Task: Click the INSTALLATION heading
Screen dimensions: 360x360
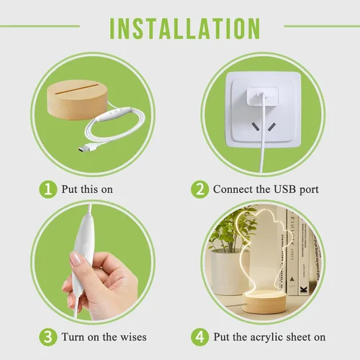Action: tap(185, 28)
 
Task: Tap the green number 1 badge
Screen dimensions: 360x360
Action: tap(48, 189)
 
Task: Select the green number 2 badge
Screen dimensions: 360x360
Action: tap(199, 189)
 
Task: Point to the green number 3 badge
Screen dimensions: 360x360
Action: tap(48, 337)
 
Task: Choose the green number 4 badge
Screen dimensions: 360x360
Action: tap(199, 337)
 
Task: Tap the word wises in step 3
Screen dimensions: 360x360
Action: tap(133, 337)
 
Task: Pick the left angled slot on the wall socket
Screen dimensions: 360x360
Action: tap(256, 127)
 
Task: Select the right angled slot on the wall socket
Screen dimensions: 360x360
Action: tap(272, 127)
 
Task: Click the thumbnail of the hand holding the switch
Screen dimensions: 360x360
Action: tap(93, 262)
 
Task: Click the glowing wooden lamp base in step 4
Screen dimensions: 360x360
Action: tap(264, 302)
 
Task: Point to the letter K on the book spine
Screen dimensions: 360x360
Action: tap(304, 289)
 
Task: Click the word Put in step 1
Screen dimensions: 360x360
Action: tap(69, 189)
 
